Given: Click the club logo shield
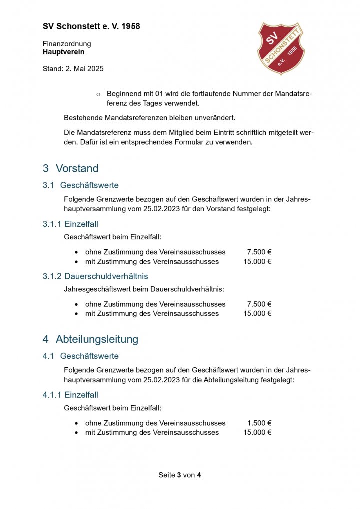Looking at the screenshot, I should click(x=280, y=48).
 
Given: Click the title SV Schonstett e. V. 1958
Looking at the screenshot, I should click(x=91, y=26).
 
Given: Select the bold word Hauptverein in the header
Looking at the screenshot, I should click(x=63, y=51).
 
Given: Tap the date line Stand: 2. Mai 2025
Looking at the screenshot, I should click(x=73, y=69).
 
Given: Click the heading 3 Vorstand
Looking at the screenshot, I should click(x=71, y=168).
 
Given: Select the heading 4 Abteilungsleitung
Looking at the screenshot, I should click(x=90, y=339).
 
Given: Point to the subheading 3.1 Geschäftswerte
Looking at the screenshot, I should click(x=81, y=185).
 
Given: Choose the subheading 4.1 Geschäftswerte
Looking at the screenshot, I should click(x=81, y=356).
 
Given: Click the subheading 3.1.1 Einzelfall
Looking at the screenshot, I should click(x=70, y=224).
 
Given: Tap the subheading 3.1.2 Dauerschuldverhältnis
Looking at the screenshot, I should click(x=95, y=276).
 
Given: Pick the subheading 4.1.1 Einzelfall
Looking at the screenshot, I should click(x=70, y=395).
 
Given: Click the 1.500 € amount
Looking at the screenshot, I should click(x=259, y=423).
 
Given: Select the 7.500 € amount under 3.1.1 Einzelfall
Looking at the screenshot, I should click(x=259, y=252).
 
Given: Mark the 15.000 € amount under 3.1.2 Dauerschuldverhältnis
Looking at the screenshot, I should click(x=257, y=313).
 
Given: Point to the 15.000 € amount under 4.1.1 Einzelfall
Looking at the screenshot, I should click(x=257, y=432).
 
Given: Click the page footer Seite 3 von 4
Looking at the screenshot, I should click(x=180, y=475).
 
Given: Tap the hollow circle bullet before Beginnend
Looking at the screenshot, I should click(x=98, y=94).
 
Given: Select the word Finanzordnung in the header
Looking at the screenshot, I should click(x=67, y=44).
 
